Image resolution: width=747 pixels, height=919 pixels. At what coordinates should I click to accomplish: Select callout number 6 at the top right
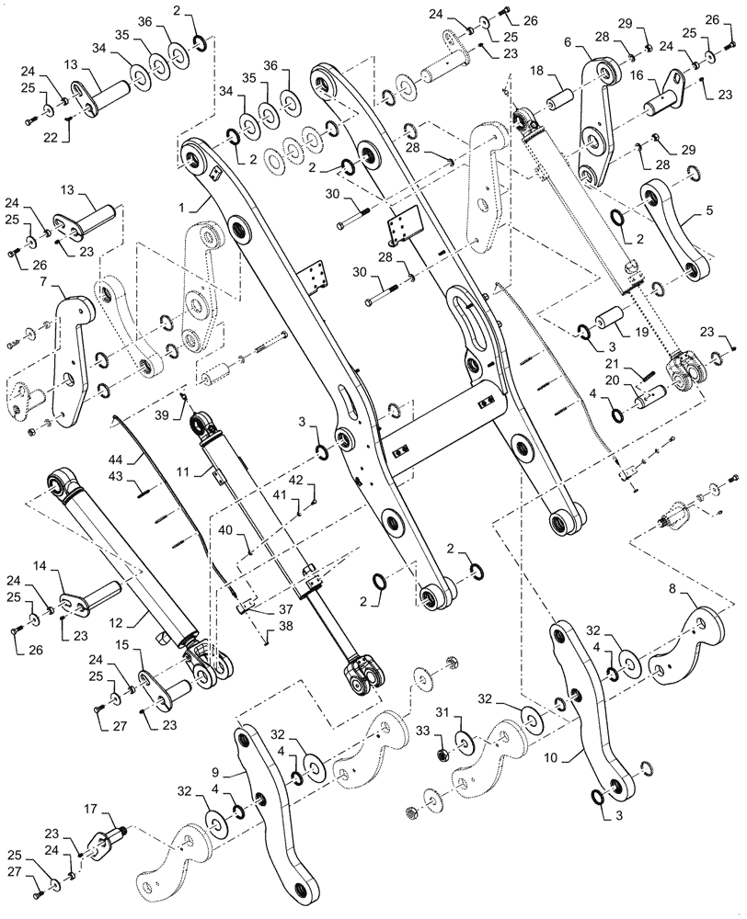[567, 42]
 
